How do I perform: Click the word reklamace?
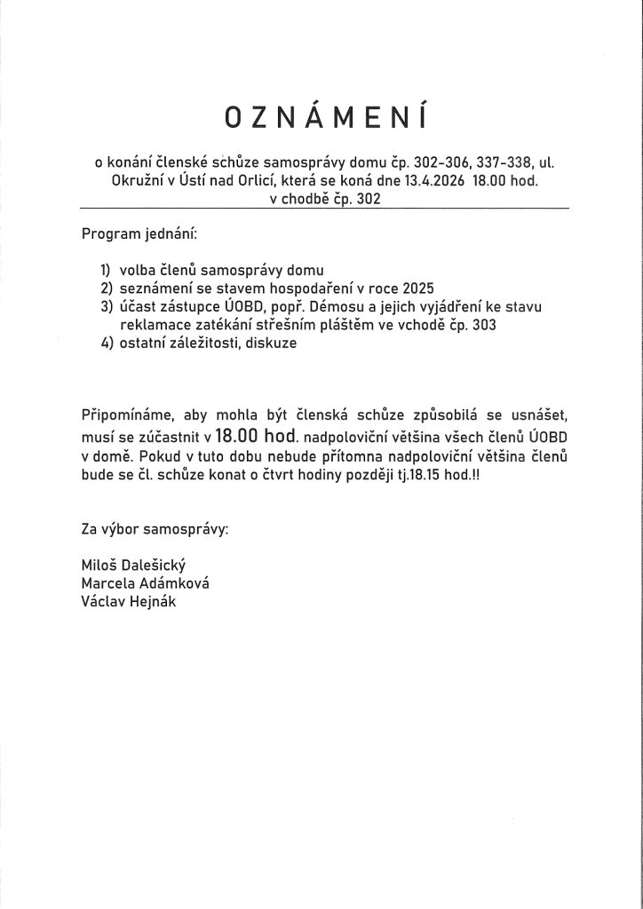pyautogui.click(x=151, y=325)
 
